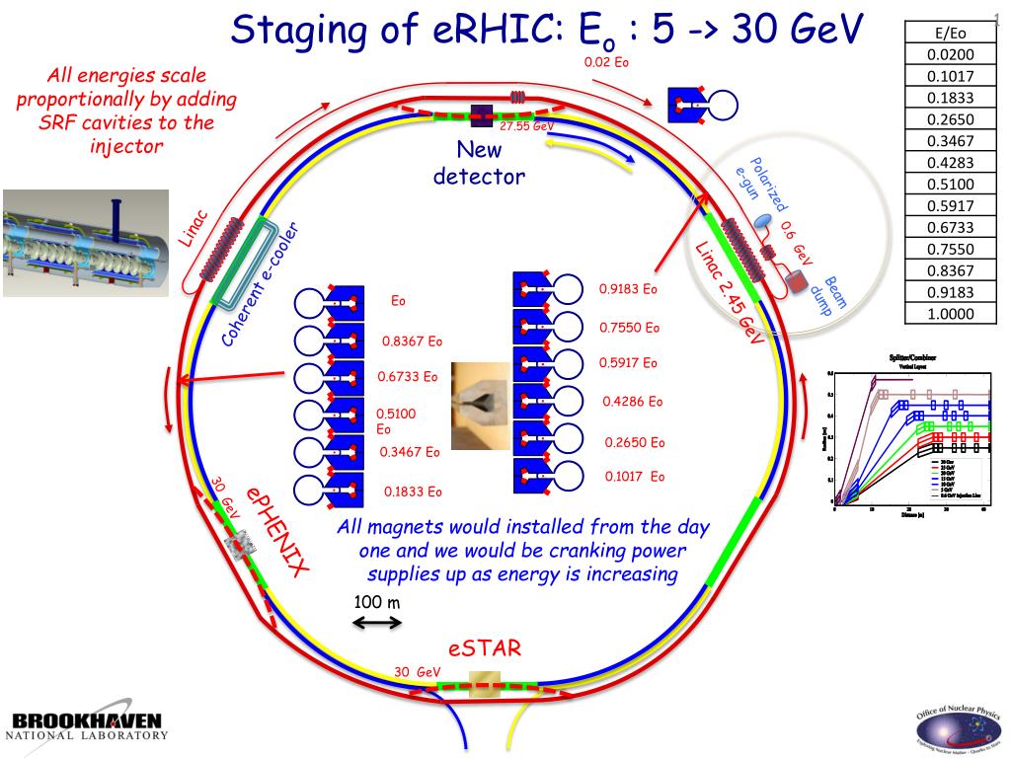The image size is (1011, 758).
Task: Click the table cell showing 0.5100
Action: coord(951,184)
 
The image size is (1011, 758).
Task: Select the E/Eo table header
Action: coord(951,34)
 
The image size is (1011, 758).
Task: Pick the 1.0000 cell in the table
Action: coord(951,314)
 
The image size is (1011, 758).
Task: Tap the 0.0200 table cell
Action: coord(951,55)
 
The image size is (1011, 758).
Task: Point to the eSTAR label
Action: coord(484,648)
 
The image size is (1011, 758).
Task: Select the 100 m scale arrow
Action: coord(377,623)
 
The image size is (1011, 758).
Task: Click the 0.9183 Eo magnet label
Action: coord(628,290)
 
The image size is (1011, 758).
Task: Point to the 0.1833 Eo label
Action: coord(413,492)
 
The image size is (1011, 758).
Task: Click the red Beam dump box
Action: coord(798,283)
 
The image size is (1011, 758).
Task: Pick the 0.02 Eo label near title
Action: coord(606,61)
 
